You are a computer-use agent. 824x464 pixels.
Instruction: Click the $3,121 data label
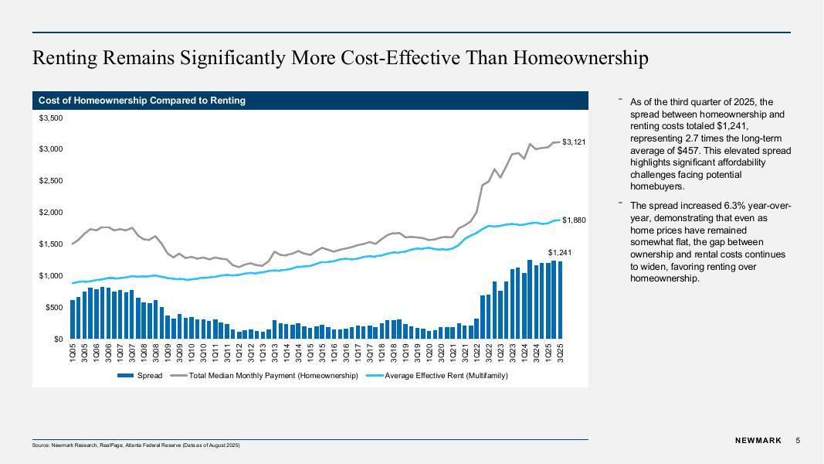pos(574,142)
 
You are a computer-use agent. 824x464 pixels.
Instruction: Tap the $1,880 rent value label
pos(574,220)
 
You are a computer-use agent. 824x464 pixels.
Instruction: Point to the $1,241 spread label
pos(559,253)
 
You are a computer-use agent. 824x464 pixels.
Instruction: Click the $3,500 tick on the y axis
pos(51,118)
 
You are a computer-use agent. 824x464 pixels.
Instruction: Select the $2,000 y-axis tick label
pos(51,213)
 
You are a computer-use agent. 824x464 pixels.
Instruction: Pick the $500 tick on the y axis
pos(54,308)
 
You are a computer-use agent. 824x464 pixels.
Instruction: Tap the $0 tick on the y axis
pos(58,339)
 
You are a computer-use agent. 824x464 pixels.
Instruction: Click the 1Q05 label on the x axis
pos(73,354)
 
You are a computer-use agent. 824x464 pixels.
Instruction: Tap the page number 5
pos(798,441)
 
